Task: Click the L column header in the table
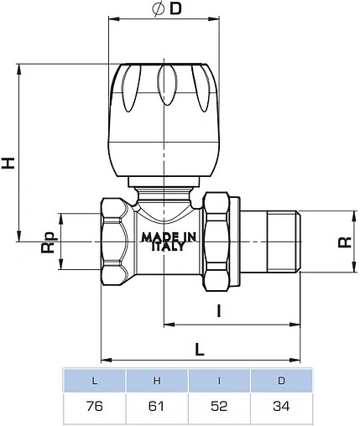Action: [x=94, y=382]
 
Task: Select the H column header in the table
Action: [x=157, y=382]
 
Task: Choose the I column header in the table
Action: [x=219, y=382]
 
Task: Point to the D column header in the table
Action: [x=281, y=382]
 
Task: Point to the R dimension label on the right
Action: [x=343, y=243]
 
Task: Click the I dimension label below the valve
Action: [x=218, y=311]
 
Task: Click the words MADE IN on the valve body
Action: [x=169, y=237]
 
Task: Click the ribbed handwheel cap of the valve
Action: [x=168, y=117]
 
